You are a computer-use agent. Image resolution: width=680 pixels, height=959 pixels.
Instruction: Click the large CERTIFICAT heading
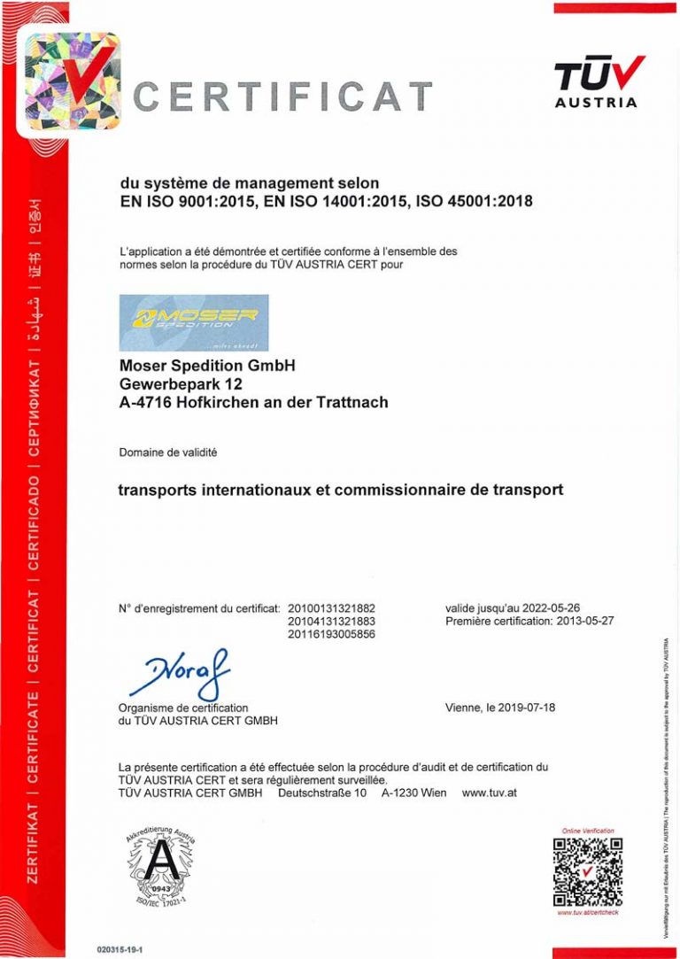[282, 96]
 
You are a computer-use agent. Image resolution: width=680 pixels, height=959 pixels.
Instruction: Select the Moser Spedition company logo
[193, 322]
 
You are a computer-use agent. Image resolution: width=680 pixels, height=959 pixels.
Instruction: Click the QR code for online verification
[588, 871]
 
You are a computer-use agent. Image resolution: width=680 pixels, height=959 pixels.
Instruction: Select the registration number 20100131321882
[331, 608]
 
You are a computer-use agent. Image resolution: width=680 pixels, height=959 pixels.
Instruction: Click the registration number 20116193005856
[331, 634]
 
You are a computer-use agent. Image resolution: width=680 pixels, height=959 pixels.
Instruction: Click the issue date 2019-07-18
[526, 708]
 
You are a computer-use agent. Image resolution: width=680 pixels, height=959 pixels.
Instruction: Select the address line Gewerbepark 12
[180, 383]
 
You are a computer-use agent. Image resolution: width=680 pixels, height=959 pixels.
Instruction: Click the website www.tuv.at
[489, 793]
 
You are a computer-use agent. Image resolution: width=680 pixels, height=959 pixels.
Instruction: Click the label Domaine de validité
[167, 452]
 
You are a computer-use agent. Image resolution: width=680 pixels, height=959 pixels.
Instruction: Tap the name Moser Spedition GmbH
[207, 364]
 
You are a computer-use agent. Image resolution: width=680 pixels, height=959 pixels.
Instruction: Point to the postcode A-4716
[145, 402]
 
